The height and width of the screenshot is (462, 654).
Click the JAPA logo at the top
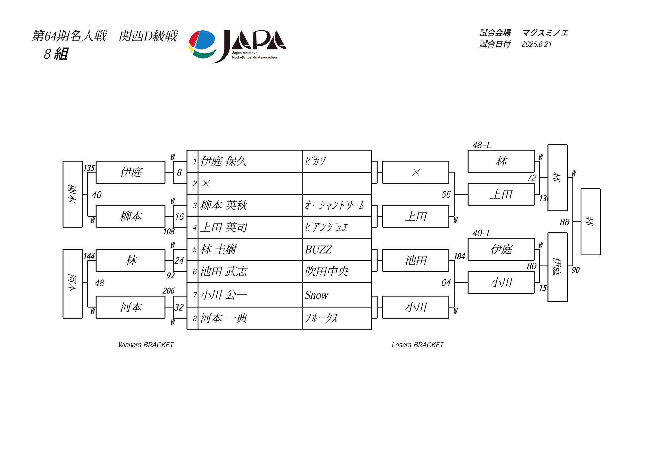tap(238, 46)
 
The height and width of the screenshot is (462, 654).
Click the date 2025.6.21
tap(537, 44)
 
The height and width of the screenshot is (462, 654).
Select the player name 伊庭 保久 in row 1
tap(223, 161)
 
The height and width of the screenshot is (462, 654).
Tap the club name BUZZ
tap(318, 249)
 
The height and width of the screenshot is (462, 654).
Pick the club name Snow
tap(317, 295)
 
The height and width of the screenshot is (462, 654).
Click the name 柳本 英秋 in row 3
tap(224, 205)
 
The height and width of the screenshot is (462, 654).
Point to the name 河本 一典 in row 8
tap(224, 318)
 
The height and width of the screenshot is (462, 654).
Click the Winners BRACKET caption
tap(146, 345)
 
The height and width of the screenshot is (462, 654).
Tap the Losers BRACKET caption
tap(418, 345)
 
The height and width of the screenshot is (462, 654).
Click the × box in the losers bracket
tap(416, 172)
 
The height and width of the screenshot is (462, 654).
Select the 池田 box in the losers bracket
tap(416, 260)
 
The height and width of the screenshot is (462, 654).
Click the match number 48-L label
tap(482, 145)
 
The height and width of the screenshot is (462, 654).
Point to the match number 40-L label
tap(482, 233)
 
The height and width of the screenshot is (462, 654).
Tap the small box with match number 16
tap(180, 216)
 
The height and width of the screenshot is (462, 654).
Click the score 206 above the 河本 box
tap(169, 291)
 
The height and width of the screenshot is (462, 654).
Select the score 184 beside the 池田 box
tap(459, 256)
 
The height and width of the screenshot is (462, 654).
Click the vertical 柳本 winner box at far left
tap(73, 194)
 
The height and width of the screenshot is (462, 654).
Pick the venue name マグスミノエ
tap(545, 33)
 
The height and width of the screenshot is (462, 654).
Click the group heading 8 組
tap(56, 54)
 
